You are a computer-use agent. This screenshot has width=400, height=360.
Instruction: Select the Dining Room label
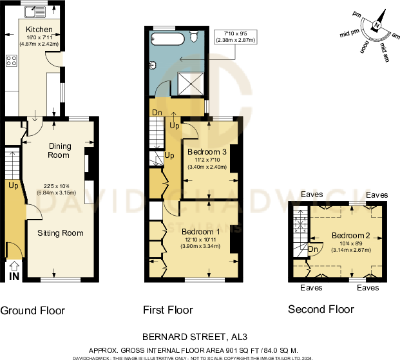coord(59,150)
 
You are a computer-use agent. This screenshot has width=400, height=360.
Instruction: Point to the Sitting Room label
coord(60,232)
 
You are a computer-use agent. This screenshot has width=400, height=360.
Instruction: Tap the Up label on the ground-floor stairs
coord(13,186)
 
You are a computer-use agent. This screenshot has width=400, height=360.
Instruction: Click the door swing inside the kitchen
coord(56,59)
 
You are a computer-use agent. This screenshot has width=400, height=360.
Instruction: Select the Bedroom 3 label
coord(207,152)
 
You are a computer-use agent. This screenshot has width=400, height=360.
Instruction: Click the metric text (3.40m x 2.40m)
coord(207,167)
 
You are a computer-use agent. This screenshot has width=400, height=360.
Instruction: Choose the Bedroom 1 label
coord(200,231)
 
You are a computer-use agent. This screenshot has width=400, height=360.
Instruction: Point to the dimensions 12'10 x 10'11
coord(200,240)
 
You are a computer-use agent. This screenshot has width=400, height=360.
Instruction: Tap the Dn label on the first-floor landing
coord(157,113)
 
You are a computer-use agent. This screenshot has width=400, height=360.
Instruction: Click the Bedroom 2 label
coord(351,235)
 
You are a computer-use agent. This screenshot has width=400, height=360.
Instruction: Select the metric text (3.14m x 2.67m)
coord(351,251)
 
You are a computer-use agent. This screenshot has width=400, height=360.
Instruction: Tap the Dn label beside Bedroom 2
coord(313,249)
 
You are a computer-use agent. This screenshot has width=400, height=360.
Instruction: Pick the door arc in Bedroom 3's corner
coord(190,131)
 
